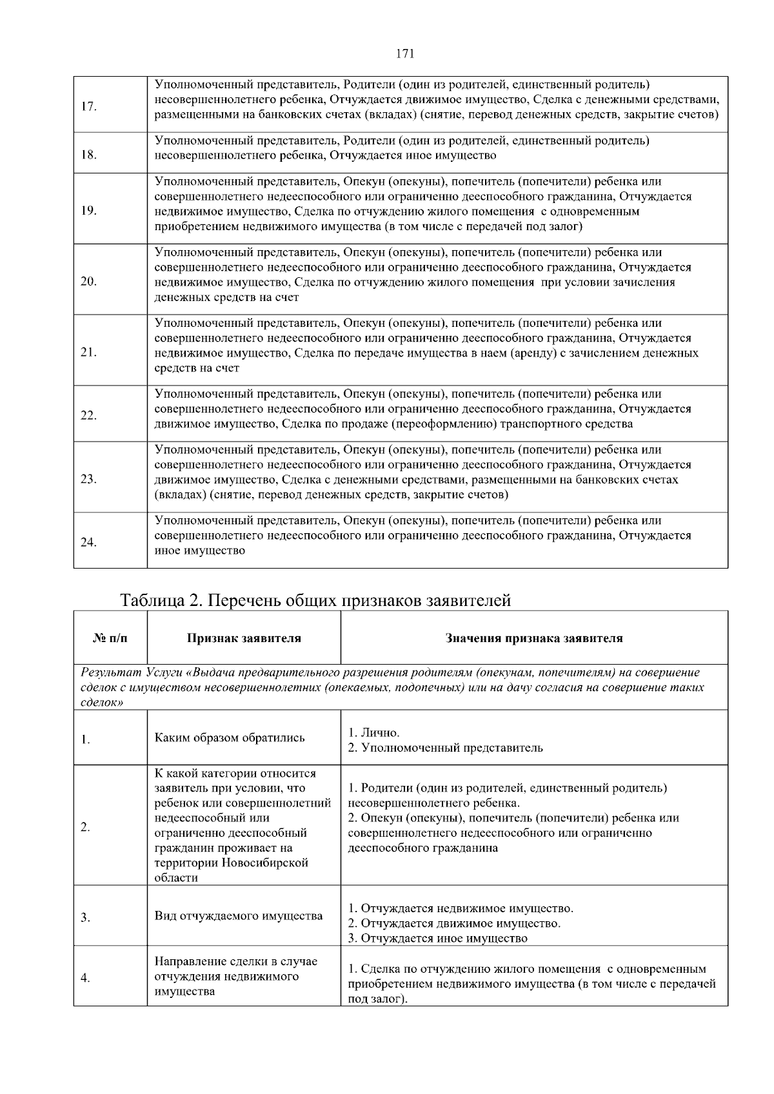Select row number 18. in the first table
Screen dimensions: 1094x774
point(89,155)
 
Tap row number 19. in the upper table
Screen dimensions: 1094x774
point(89,211)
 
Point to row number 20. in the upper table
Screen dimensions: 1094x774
point(89,282)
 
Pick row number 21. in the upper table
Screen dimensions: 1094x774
point(89,353)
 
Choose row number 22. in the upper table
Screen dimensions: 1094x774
point(89,416)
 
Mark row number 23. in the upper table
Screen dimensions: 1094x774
point(89,479)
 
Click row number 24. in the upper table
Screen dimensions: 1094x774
point(89,542)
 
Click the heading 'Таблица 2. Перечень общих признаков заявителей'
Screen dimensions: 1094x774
point(315,600)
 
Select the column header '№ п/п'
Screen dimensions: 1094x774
point(110,638)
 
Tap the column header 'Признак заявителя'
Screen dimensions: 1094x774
point(244,638)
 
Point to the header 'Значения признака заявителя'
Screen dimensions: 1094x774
point(534,638)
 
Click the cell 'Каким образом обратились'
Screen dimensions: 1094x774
point(230,737)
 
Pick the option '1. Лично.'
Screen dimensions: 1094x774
point(374,733)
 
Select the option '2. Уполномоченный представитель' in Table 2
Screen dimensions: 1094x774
point(445,748)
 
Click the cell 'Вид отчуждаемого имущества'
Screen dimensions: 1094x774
point(239,916)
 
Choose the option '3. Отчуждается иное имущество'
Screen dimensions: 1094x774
point(437,938)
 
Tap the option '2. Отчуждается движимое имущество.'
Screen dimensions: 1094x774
point(454,923)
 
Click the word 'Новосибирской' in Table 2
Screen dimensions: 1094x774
point(265,863)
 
